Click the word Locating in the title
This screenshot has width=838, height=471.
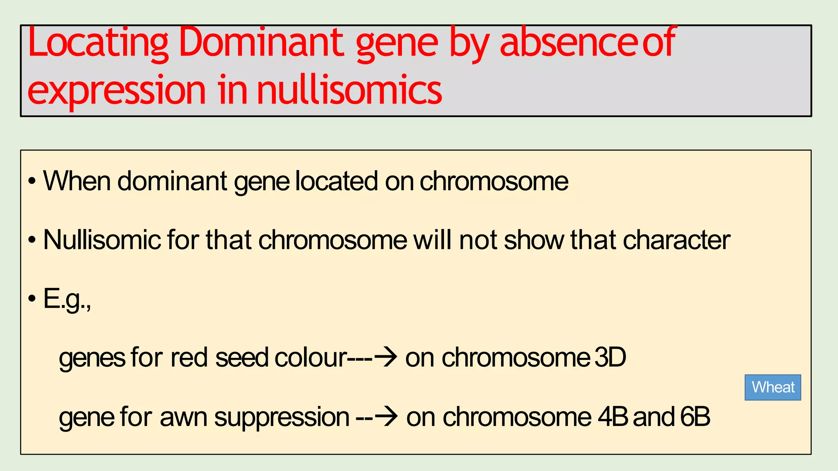click(x=98, y=43)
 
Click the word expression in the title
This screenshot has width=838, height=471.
click(x=117, y=91)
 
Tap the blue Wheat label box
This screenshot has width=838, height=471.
click(x=773, y=387)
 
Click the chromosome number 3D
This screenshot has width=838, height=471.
click(x=610, y=357)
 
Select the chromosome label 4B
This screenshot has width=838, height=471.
click(x=613, y=417)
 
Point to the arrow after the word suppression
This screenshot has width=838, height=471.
click(x=386, y=417)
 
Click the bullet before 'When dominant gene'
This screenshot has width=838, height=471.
click(x=32, y=181)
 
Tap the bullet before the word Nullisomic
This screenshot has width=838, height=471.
click(x=32, y=240)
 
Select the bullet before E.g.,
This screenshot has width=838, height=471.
click(x=32, y=299)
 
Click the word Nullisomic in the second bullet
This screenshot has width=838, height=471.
click(x=102, y=240)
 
